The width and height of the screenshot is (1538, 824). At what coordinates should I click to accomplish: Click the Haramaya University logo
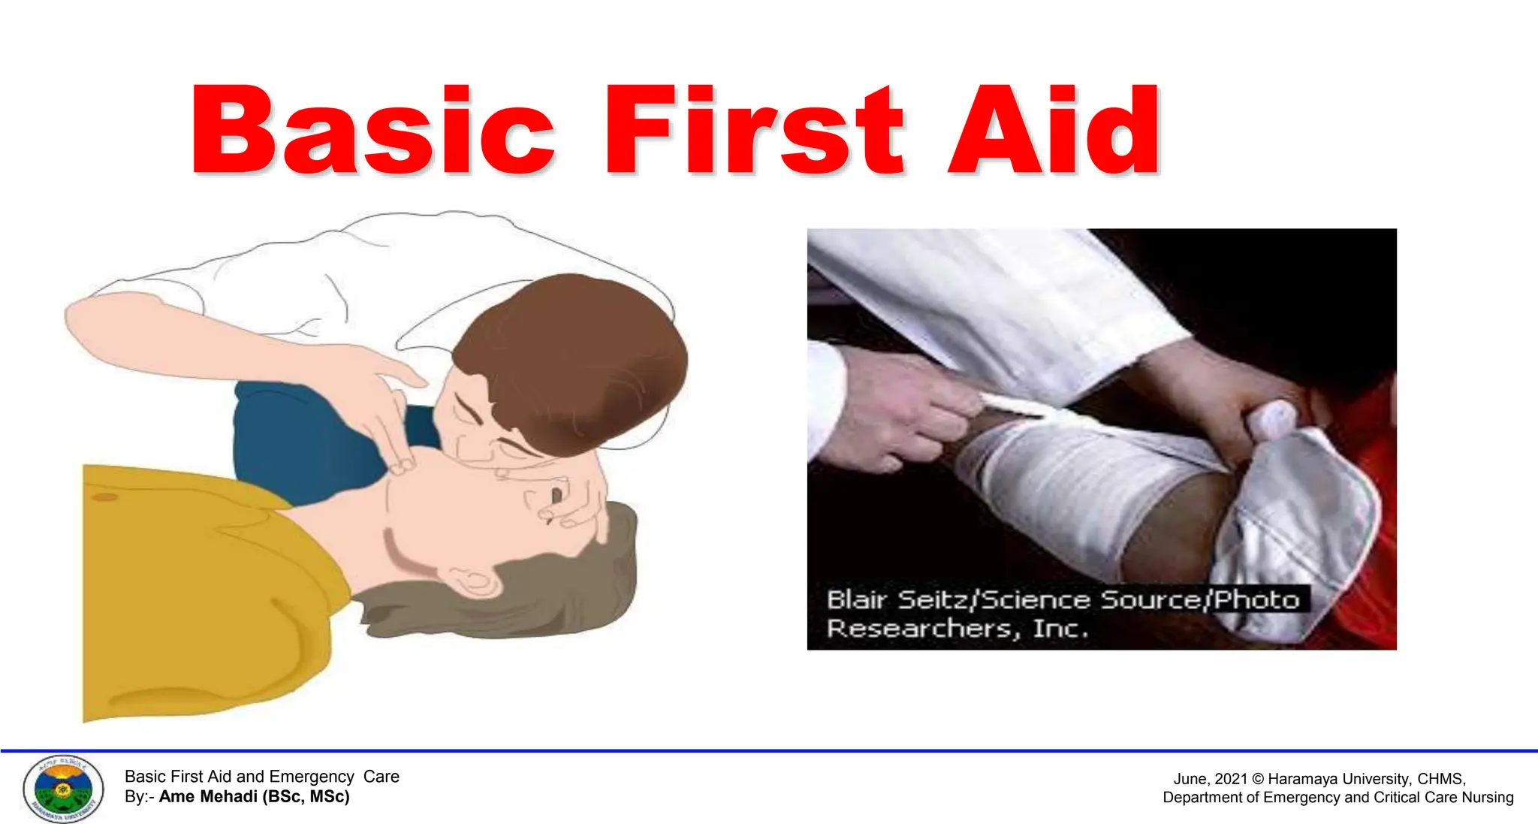tap(63, 789)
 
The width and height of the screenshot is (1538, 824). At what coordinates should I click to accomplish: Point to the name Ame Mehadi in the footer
tap(207, 797)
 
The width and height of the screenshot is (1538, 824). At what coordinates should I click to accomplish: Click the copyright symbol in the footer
tap(1258, 780)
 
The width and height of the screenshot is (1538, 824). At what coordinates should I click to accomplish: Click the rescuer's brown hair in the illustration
tap(578, 353)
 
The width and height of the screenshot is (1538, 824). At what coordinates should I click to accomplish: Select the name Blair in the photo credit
tap(856, 600)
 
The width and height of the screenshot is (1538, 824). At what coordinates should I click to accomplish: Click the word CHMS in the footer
tap(1440, 780)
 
